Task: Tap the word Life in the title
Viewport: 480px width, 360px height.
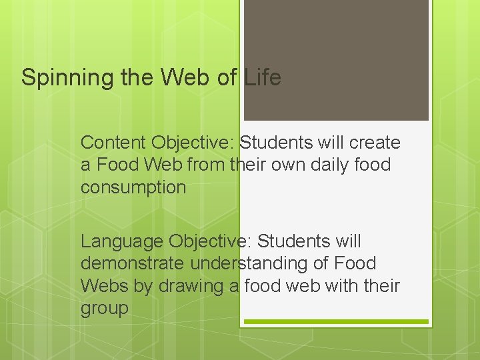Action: click(262, 77)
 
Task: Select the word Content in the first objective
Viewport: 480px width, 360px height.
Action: click(113, 143)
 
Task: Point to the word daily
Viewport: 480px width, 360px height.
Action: click(323, 165)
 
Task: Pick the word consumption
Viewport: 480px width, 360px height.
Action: click(133, 187)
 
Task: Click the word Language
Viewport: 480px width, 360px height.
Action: click(122, 241)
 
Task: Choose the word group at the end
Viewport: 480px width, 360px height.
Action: click(104, 309)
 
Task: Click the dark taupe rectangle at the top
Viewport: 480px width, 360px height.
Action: click(336, 59)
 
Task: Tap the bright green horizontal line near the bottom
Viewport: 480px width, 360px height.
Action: click(336, 322)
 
